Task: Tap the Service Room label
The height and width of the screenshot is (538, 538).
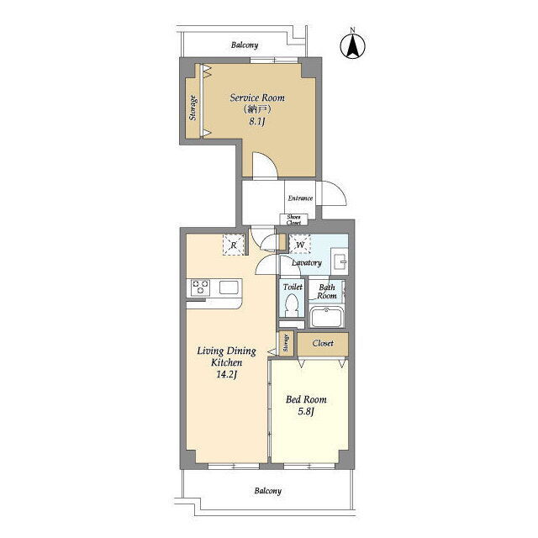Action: [x=257, y=98]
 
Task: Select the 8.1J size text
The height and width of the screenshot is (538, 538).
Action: [x=257, y=121]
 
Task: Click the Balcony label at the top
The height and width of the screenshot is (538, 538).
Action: [x=245, y=45]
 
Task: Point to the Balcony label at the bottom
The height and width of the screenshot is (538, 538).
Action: [x=267, y=491]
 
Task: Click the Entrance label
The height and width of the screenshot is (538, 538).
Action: [x=300, y=198]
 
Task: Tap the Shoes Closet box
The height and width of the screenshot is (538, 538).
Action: [x=293, y=219]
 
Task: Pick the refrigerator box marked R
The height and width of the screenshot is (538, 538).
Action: [x=234, y=245]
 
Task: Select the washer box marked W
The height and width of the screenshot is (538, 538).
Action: [x=300, y=245]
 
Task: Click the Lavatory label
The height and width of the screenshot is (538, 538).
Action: [x=306, y=263]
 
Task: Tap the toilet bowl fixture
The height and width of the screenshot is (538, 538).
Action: [x=292, y=304]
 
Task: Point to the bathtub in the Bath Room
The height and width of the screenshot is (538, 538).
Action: [x=326, y=318]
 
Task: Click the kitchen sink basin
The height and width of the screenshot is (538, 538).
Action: [x=229, y=287]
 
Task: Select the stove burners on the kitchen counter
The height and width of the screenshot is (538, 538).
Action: [x=200, y=287]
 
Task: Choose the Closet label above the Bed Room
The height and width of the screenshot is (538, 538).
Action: [x=323, y=343]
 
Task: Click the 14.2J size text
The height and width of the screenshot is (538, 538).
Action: [x=226, y=375]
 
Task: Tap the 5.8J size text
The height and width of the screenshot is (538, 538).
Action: [x=306, y=412]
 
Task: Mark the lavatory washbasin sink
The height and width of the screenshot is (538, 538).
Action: [x=340, y=261]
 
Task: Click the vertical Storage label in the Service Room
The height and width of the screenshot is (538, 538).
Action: [x=193, y=108]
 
